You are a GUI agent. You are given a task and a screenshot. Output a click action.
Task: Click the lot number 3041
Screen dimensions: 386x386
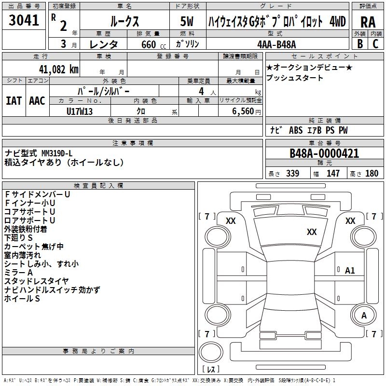click(24, 21)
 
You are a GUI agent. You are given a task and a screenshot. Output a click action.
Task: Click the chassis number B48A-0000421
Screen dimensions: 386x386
click(324, 153)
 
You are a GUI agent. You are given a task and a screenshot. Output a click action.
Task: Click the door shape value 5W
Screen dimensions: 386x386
click(187, 21)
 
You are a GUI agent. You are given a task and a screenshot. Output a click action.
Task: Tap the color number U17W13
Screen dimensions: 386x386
click(80, 111)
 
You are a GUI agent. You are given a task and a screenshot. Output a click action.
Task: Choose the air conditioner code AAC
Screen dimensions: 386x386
click(37, 100)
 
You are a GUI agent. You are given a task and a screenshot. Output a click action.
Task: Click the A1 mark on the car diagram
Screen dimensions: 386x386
click(350, 271)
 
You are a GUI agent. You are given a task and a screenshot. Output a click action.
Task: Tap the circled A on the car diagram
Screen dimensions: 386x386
click(364, 316)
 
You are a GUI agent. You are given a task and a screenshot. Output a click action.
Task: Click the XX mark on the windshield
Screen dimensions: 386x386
click(312, 232)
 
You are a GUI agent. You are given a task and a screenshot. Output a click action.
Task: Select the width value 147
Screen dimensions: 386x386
click(333, 173)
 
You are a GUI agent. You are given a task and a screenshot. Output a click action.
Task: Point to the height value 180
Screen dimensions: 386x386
click(372, 173)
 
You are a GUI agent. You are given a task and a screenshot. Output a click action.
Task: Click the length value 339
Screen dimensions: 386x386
click(292, 173)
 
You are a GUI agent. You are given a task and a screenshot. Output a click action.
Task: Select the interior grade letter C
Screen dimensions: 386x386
click(375, 44)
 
